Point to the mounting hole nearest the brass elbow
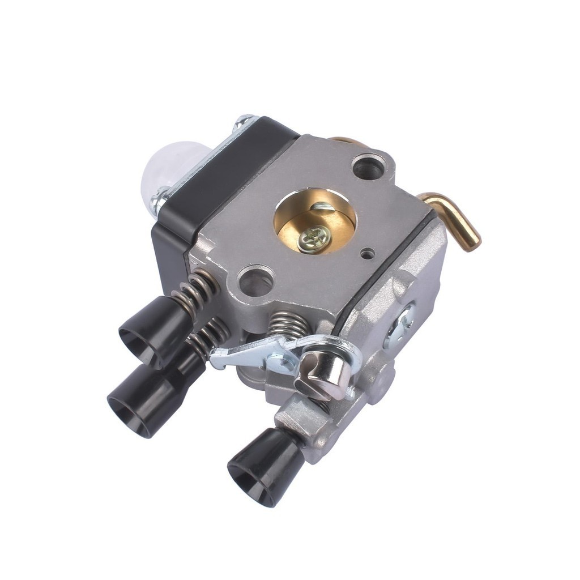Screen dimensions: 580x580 (x=368, y=166)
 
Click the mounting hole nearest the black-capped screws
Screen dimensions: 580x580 (x=256, y=280)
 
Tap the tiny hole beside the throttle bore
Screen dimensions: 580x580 (x=368, y=254)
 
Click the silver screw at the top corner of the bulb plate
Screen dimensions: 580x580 (x=245, y=121)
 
